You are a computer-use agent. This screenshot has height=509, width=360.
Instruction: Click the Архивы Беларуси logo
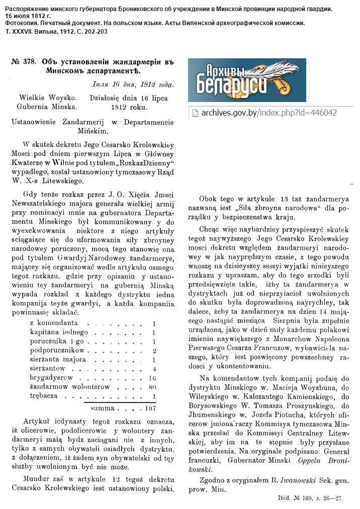[247, 80]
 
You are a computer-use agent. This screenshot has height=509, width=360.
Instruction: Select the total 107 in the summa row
[150, 408]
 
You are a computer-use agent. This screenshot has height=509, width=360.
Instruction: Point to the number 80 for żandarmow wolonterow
[153, 386]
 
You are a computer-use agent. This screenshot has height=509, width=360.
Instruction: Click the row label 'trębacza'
[46, 395]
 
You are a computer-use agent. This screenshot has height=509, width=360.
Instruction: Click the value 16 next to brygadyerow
[153, 377]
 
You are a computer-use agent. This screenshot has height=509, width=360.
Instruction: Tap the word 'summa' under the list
[103, 408]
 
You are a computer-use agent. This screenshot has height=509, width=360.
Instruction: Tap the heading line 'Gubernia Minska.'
[47, 107]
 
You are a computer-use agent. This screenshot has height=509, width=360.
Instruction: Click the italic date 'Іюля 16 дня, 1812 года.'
[134, 85]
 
